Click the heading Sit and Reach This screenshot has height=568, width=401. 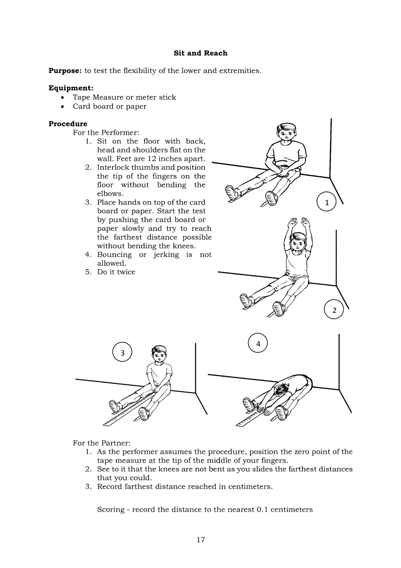tap(200, 53)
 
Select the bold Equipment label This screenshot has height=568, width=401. tap(71, 88)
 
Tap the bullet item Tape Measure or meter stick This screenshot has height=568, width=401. tap(124, 97)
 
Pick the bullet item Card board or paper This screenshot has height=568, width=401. tap(109, 106)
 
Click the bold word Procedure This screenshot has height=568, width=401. tap(68, 124)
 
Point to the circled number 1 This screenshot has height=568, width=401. tap(327, 202)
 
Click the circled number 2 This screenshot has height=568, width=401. tap(334, 310)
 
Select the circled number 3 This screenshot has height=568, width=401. tap(122, 352)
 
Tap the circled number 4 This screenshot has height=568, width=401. tap(258, 344)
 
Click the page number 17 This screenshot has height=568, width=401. tap(201, 540)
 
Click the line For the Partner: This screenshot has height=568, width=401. tap(101, 443)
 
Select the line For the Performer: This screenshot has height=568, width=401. tap(106, 133)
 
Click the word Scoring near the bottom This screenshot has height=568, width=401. tap(110, 510)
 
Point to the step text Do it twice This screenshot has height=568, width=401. tap(116, 272)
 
